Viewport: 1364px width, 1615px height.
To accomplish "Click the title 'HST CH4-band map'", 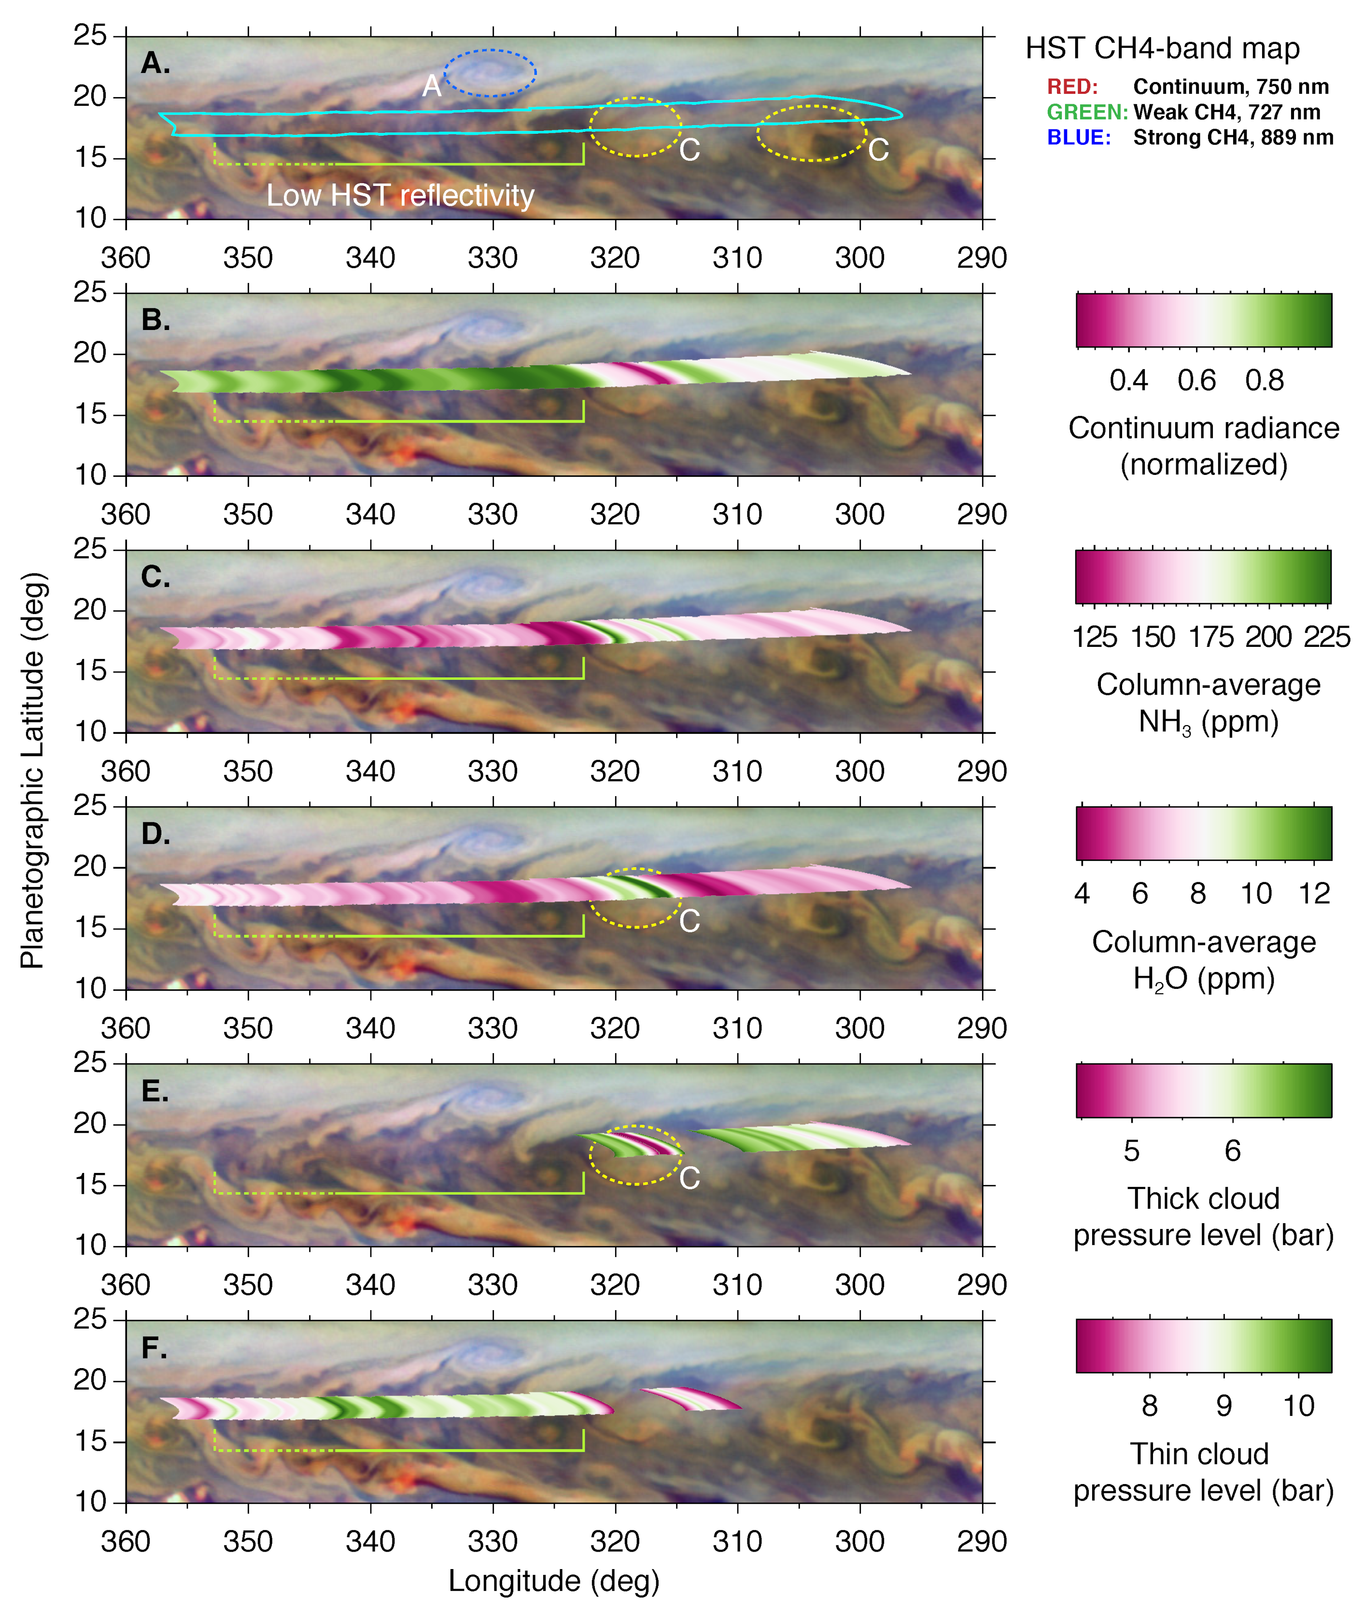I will (x=1162, y=49).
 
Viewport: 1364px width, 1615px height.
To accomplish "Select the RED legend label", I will (x=1072, y=86).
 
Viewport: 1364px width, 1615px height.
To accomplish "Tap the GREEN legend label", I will (x=1086, y=112).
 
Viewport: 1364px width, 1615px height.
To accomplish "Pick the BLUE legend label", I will (x=1079, y=138).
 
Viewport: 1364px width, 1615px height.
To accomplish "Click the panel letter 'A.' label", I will (x=155, y=63).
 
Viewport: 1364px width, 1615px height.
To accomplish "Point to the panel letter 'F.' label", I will (x=155, y=1348).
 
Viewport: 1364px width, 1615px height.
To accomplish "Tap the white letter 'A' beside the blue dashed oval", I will (x=432, y=86).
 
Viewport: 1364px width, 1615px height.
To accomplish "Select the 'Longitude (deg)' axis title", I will (x=554, y=1581).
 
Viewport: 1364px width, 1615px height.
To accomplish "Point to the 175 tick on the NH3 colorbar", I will (x=1211, y=637).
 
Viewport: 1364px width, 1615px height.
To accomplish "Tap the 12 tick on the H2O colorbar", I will (x=1314, y=893).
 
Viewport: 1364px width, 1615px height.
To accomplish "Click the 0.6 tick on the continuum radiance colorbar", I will (x=1196, y=380).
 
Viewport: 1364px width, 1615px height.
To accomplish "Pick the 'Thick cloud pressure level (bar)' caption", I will (x=1203, y=1216).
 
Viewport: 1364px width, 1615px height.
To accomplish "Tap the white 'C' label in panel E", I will (x=689, y=1178).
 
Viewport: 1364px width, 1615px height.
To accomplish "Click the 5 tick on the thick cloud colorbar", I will (x=1131, y=1151).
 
